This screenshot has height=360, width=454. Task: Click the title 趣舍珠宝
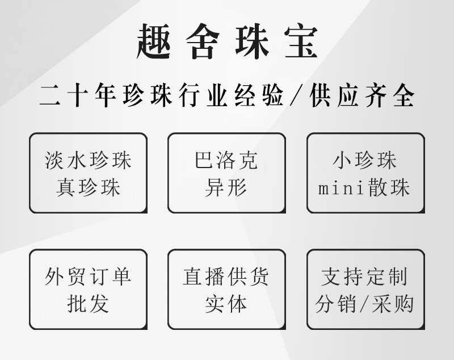point(227,41)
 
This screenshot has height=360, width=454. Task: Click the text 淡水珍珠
point(88,161)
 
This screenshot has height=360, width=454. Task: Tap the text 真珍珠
point(88,187)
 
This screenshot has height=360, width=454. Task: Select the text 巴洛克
point(226,161)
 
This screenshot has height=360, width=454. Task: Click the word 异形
point(226,187)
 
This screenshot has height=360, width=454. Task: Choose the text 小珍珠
point(365,161)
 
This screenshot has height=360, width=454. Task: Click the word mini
point(339,188)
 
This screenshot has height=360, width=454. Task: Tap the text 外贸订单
point(88,277)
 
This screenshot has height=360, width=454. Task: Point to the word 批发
point(88,304)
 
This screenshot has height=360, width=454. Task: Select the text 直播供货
point(226,277)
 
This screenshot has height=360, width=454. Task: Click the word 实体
point(226,304)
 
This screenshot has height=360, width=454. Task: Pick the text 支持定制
point(365,277)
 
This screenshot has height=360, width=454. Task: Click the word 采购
point(394,304)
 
